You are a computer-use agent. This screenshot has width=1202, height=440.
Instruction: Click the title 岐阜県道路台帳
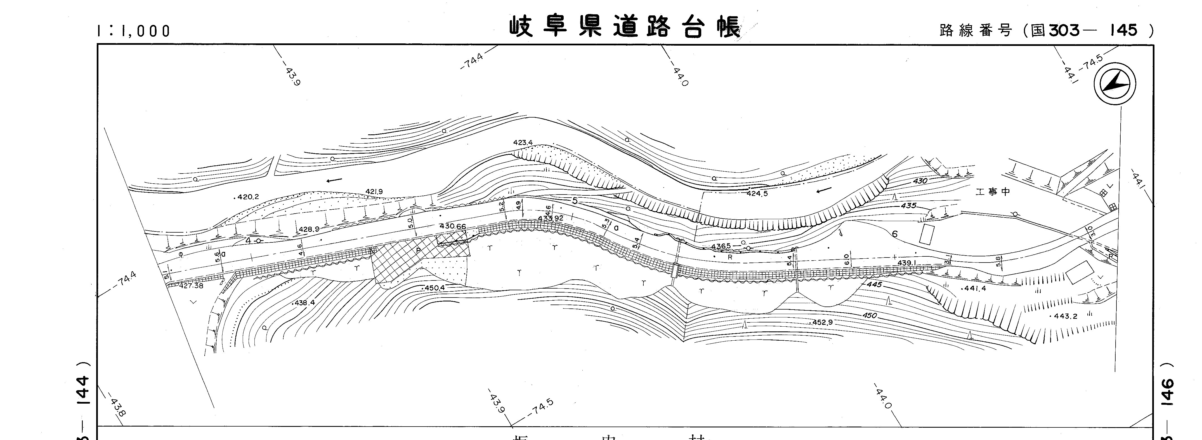(x=624, y=27)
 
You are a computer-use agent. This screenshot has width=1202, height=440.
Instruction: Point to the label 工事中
(x=993, y=191)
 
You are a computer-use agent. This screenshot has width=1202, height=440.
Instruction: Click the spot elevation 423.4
(x=523, y=142)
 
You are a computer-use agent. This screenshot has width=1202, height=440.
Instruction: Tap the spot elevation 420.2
(x=247, y=197)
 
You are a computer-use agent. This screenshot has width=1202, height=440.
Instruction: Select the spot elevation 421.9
(x=374, y=191)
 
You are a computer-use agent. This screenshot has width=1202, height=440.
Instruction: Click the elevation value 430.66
(x=453, y=226)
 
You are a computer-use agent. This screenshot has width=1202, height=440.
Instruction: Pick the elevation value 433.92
(x=551, y=218)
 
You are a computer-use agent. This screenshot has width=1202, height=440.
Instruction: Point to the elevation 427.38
(x=191, y=285)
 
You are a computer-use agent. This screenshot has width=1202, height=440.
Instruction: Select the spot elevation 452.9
(x=822, y=322)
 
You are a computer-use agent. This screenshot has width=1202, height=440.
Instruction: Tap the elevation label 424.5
(x=757, y=193)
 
